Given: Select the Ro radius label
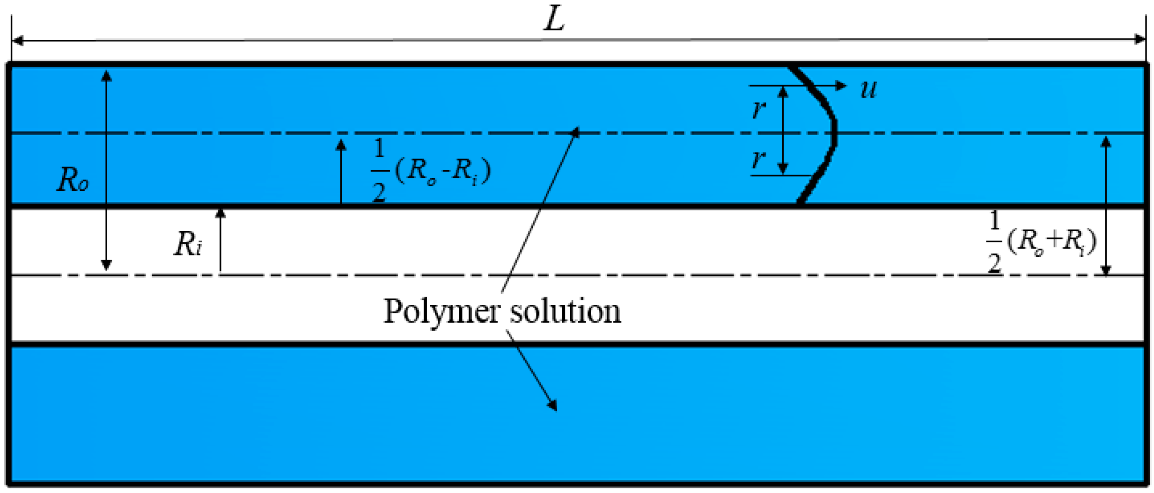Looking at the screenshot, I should tap(73, 180).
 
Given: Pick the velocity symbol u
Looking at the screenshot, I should tap(868, 88).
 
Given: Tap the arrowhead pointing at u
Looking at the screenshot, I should tap(842, 86).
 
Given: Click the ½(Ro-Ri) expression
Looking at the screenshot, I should tap(431, 171).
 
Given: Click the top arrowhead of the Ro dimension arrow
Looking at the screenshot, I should tap(107, 75).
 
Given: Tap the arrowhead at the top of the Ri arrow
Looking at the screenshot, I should tap(221, 213).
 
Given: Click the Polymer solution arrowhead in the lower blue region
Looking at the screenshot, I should tap(553, 405).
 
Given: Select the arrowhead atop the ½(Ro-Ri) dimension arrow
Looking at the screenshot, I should tap(341, 145).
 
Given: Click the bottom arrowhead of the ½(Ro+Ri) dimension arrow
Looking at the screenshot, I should tap(1106, 270).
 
